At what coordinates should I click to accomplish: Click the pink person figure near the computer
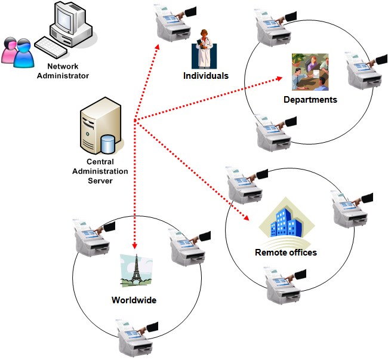pyautogui.click(x=12, y=50)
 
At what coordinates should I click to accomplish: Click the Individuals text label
pyautogui.click(x=206, y=76)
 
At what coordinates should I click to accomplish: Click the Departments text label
pyautogui.click(x=310, y=100)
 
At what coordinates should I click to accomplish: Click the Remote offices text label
pyautogui.click(x=285, y=252)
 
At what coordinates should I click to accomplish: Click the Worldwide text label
pyautogui.click(x=134, y=300)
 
